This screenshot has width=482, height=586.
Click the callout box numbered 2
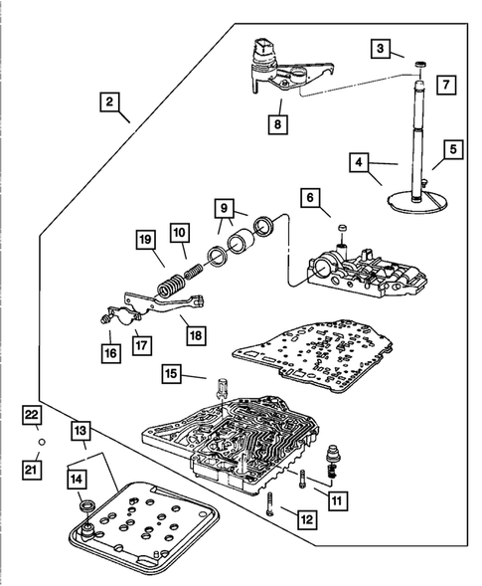109,101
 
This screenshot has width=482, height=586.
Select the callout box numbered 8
278,124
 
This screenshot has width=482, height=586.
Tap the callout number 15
171,374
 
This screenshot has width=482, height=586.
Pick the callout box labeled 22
31,415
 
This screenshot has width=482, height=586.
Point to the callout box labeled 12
307,519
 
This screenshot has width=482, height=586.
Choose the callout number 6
311,197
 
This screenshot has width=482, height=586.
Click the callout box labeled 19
145,239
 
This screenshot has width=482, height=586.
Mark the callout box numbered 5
453,149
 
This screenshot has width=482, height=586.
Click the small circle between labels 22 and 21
42,442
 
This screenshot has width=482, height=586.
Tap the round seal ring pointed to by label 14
88,506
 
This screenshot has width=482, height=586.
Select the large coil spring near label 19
171,287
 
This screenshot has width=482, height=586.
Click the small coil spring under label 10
194,271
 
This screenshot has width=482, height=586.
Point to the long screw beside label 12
271,503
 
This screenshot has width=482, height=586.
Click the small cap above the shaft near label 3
420,65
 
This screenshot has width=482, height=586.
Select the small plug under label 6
342,228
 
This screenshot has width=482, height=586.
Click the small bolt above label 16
104,318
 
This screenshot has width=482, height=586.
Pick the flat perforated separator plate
312,354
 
